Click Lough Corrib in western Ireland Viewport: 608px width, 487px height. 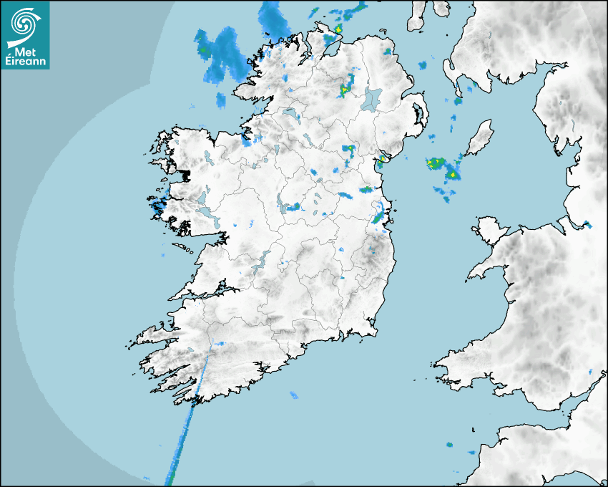pos(203,198)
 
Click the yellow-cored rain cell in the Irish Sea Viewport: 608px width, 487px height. pos(451,173)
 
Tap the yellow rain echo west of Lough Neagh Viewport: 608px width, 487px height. pos(345,90)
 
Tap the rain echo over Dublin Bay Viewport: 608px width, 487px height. pos(378,214)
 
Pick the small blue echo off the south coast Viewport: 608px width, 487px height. pos(293,395)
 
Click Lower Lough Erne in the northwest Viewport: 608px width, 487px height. pos(290,114)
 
